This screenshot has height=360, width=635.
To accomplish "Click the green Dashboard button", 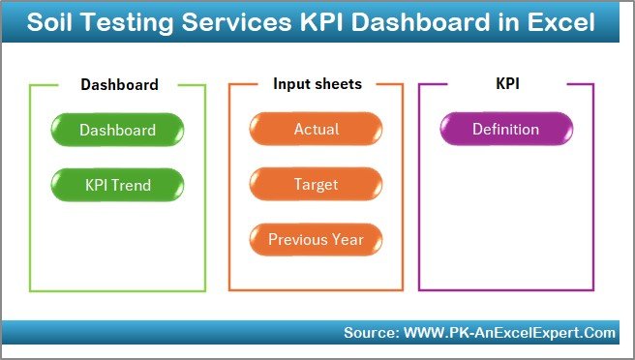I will [x=117, y=130].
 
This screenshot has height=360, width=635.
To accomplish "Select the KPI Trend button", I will [x=117, y=184].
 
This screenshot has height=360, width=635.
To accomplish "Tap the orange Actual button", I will [x=316, y=130].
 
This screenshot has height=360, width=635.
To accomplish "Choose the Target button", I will [x=316, y=184].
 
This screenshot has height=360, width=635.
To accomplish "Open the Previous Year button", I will [x=316, y=239].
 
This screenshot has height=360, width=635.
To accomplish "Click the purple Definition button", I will [x=505, y=130].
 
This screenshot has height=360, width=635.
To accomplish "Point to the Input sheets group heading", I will [x=317, y=84].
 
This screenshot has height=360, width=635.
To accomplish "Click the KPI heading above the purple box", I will [x=506, y=84].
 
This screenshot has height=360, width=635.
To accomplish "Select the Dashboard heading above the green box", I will [x=119, y=84].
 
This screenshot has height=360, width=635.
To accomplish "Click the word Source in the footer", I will [x=369, y=333].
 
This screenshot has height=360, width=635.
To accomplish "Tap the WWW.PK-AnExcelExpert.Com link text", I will [x=509, y=333].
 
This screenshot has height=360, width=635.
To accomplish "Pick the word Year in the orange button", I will [x=347, y=239].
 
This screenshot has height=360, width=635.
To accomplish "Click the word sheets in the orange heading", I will [x=338, y=84].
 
